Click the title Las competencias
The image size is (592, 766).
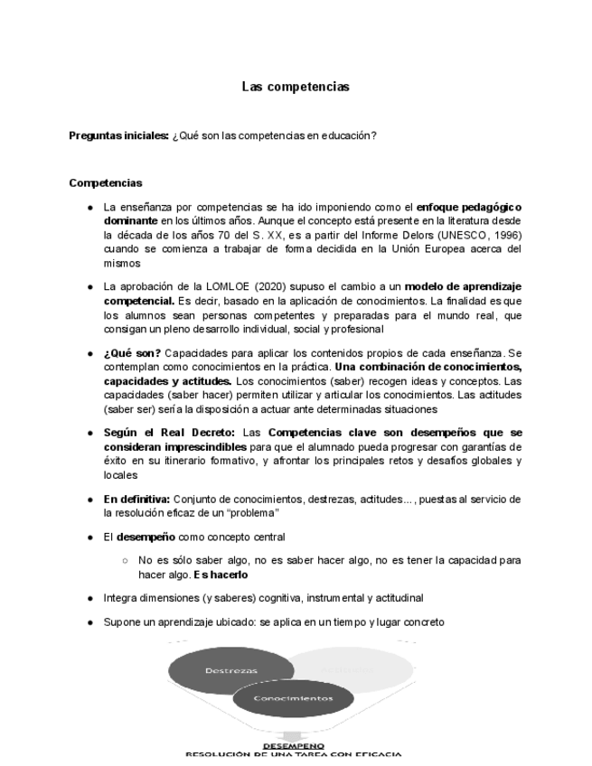(295, 87)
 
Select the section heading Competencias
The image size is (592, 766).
(105, 182)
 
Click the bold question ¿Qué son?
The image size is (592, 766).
(132, 352)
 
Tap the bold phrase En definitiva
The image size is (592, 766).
(136, 499)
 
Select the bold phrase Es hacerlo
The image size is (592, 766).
(221, 574)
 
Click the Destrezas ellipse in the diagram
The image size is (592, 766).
(231, 671)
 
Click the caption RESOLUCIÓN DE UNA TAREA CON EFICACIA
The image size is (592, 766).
(292, 755)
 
